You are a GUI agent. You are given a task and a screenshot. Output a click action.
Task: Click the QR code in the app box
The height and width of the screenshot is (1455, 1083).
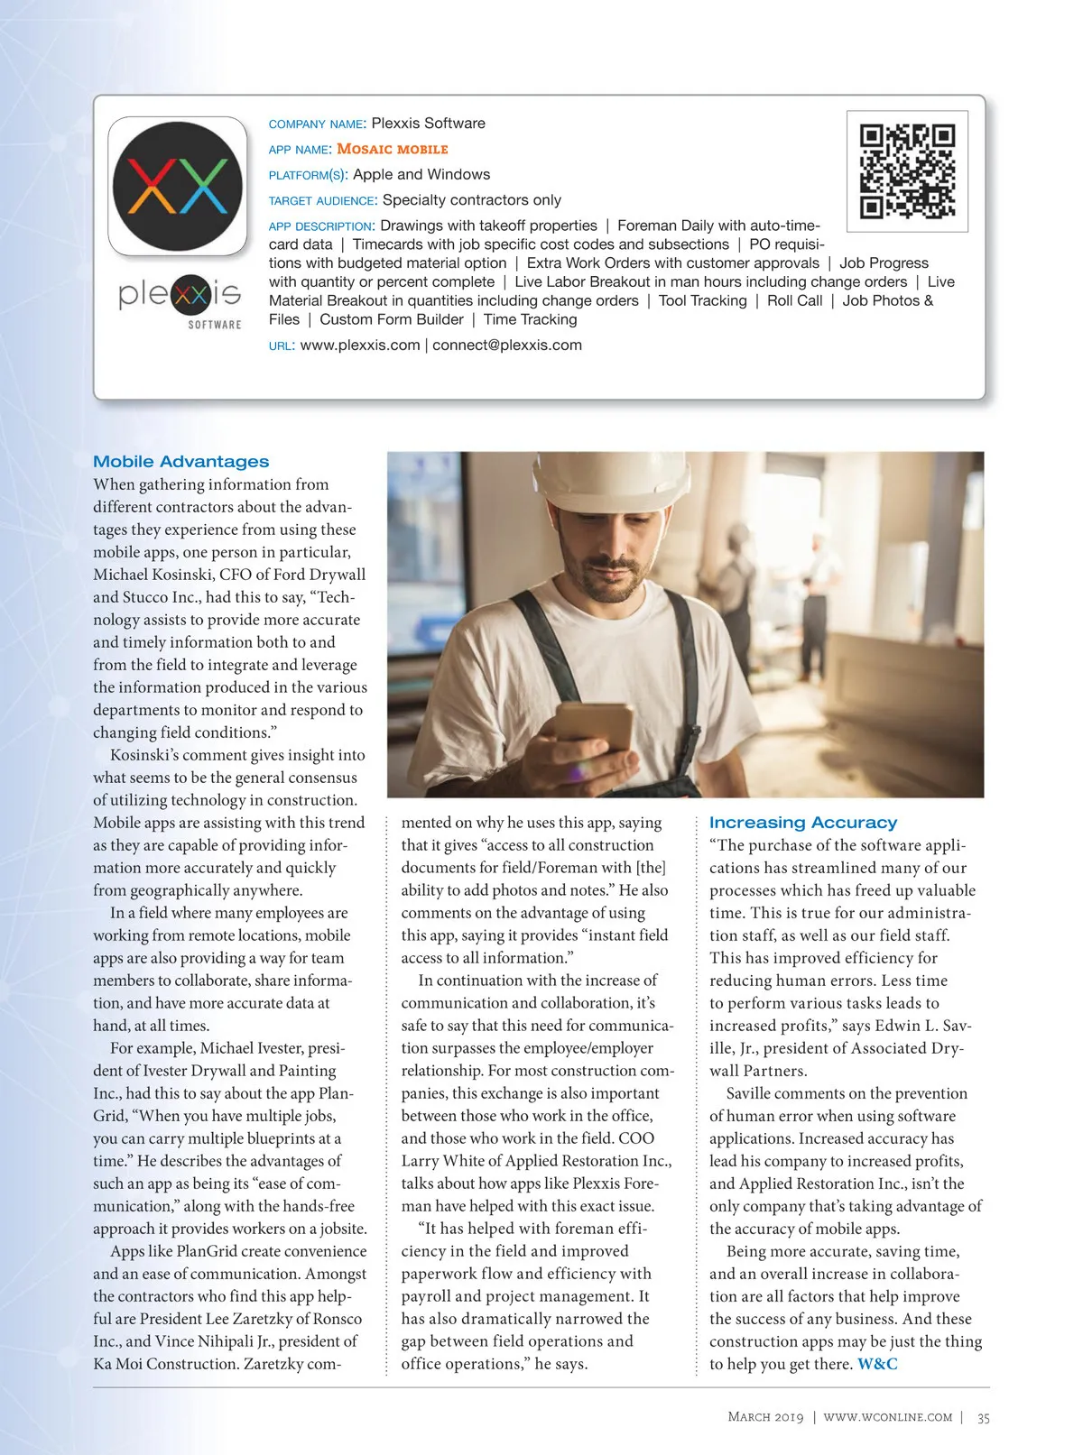pos(907,171)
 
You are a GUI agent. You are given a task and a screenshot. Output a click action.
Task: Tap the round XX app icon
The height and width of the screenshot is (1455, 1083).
pos(178,186)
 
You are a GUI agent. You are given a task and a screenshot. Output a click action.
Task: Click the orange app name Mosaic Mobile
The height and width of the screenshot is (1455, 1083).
pos(392,149)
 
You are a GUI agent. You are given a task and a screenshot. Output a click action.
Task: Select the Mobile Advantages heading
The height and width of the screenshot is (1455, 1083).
pos(181,462)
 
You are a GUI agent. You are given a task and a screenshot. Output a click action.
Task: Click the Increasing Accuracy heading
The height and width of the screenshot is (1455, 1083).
pos(803,823)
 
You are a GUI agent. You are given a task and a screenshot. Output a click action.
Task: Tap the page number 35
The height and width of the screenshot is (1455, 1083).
pos(983,1417)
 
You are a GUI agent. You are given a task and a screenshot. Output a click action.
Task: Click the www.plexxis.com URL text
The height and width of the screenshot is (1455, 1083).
pos(360,345)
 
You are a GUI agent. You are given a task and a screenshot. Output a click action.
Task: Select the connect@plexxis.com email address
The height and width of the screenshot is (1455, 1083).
pos(507,345)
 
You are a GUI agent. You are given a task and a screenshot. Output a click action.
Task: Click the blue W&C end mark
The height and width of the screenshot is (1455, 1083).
pos(877,1364)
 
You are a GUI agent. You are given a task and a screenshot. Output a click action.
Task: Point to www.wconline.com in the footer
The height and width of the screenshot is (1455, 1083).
pos(888,1417)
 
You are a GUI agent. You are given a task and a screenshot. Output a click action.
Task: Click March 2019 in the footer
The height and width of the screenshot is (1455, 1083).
pos(765,1417)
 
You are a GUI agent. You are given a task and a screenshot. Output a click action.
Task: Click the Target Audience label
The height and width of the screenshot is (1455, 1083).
pos(322,200)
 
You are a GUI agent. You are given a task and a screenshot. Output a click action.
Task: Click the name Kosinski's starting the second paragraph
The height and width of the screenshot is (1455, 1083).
pos(147,755)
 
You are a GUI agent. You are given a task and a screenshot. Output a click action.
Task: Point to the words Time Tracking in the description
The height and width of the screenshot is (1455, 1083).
pos(530,319)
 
